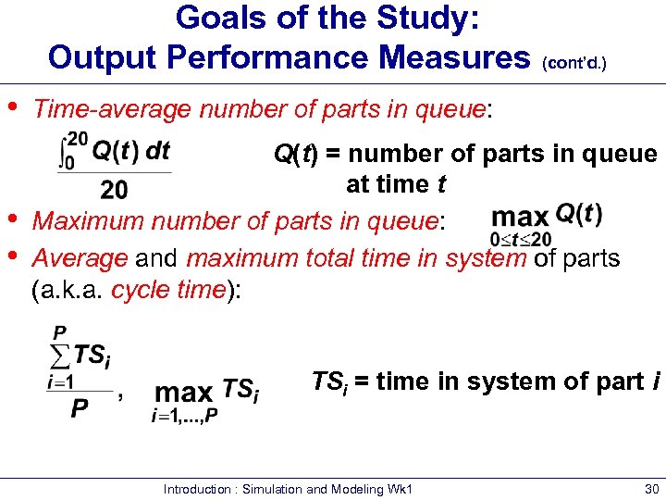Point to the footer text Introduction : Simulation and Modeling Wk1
tap(288, 489)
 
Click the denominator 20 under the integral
tap(114, 191)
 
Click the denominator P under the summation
tap(80, 408)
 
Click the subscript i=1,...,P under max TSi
tap(185, 414)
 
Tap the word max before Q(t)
tap(520, 218)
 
